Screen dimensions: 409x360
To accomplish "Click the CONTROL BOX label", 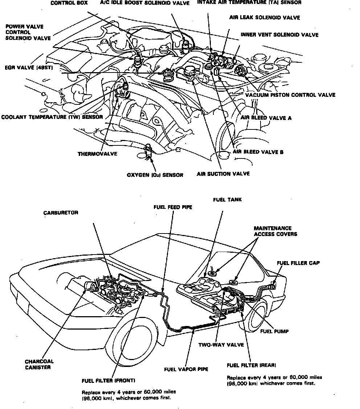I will tap(69, 3).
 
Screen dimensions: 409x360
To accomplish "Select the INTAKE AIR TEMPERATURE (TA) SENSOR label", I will tap(249, 3).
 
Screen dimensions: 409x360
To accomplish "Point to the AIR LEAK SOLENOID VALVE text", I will tap(265, 17).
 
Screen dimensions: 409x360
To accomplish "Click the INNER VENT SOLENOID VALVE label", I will tap(279, 35).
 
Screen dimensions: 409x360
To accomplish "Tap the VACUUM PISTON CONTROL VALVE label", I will tap(290, 95).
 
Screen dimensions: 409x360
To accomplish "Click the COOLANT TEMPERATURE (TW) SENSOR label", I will tap(52, 117).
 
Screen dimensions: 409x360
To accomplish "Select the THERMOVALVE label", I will tap(97, 153).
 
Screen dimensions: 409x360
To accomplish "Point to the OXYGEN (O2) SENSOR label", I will tap(155, 175).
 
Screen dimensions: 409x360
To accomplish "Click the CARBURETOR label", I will tap(61, 213).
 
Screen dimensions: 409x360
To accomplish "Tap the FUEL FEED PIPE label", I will tap(172, 207).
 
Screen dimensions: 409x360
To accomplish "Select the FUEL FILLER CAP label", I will tap(298, 263).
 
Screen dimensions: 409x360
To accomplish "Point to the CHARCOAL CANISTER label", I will tap(39, 364).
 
